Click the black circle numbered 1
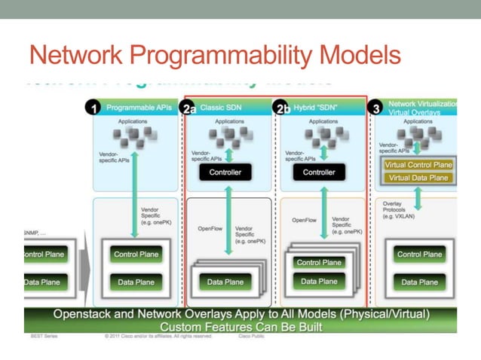point(94,108)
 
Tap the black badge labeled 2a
point(191,108)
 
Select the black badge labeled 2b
point(282,108)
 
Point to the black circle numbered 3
point(376,108)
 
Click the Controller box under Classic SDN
point(225,172)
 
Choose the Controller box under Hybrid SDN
point(318,172)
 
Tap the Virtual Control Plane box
point(418,164)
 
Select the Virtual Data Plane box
point(418,178)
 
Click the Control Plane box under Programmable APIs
point(136,255)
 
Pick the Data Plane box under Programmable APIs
point(136,282)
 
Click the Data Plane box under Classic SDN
point(225,282)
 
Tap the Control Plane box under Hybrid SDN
point(319,263)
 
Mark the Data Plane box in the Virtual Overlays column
point(419,282)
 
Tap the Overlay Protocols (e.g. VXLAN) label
point(398,209)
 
